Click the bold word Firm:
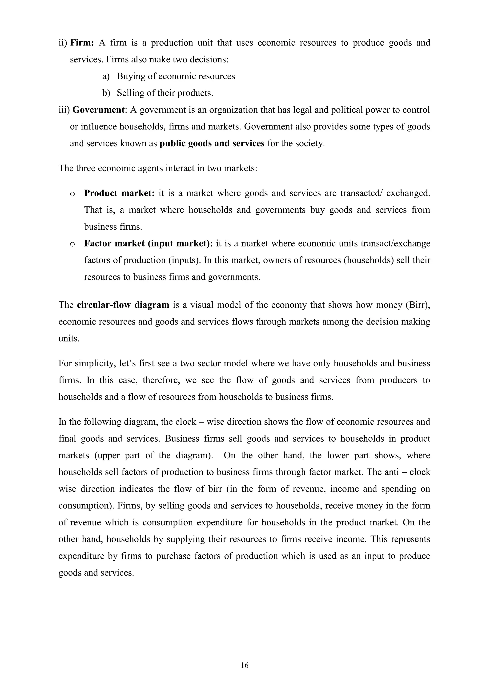coord(82,43)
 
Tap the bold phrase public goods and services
coord(212,143)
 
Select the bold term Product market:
coord(119,193)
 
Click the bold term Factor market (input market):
coord(149,244)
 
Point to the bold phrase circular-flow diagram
coord(123,305)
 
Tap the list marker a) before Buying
coord(106,77)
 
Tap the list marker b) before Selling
coord(106,93)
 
